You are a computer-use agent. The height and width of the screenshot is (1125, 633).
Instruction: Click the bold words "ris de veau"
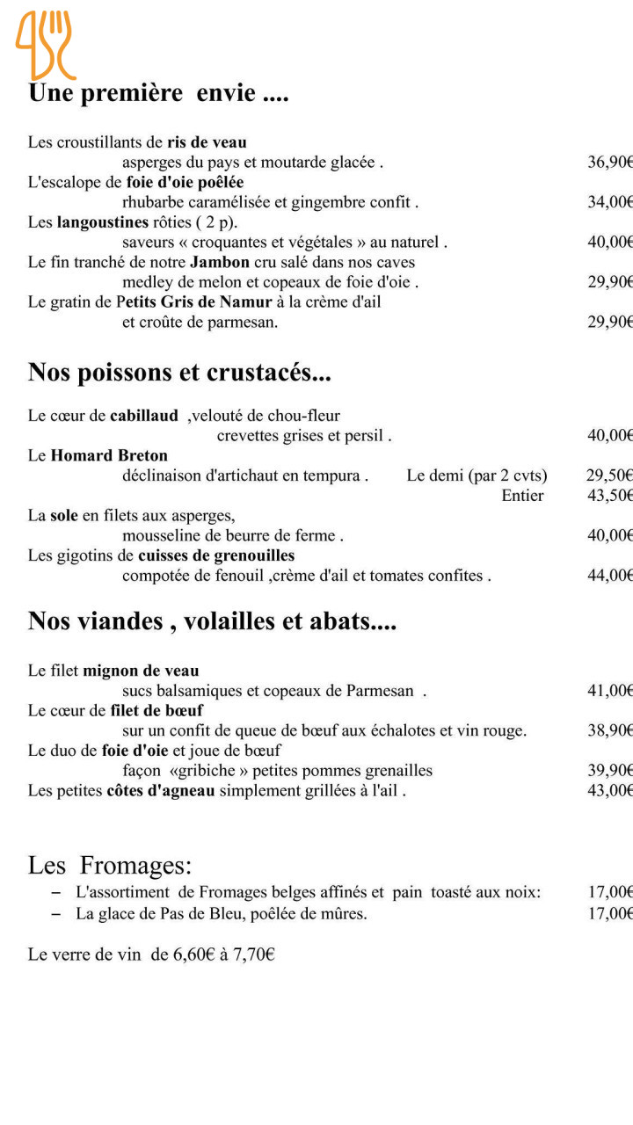[x=207, y=142]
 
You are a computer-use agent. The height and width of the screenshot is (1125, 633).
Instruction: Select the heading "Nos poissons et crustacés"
[x=179, y=373]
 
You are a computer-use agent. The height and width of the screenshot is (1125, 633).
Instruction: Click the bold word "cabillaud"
[x=144, y=416]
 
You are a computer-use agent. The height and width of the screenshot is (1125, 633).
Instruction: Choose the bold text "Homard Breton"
[x=109, y=455]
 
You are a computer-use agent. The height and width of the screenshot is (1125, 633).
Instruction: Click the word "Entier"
[x=522, y=496]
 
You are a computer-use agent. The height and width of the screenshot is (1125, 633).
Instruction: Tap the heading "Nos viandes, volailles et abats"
[x=212, y=621]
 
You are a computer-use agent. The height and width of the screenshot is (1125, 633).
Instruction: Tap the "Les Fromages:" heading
[x=110, y=866]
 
